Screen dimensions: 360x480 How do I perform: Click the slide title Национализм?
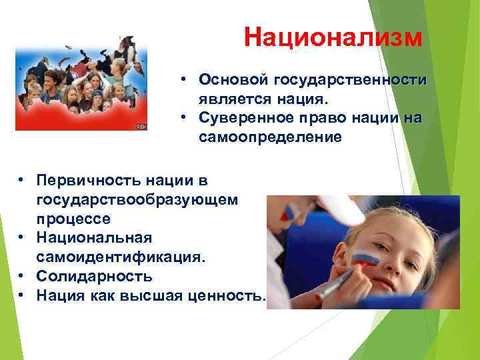pyautogui.click(x=332, y=37)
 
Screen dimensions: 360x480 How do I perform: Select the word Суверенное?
pyautogui.click(x=244, y=119)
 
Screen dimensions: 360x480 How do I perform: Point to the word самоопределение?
pyautogui.click(x=269, y=138)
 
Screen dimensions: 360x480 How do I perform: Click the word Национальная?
pyautogui.click(x=95, y=238)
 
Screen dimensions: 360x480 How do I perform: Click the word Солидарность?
pyautogui.click(x=95, y=276)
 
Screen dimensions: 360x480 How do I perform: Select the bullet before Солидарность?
pyautogui.click(x=22, y=276)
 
